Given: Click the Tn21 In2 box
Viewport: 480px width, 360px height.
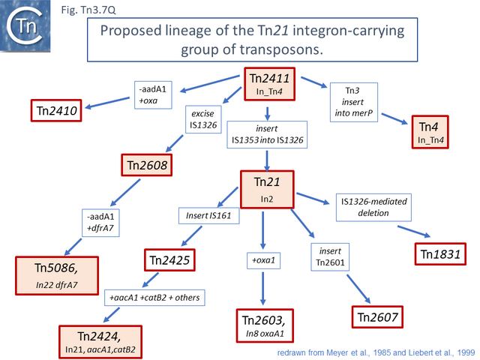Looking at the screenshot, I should [x=267, y=188].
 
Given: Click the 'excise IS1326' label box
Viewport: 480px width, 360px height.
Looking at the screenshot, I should [x=203, y=118].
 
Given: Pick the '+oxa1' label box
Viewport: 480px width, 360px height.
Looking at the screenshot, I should [x=262, y=260].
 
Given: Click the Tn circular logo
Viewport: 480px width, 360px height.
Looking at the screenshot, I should [x=25, y=28].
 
